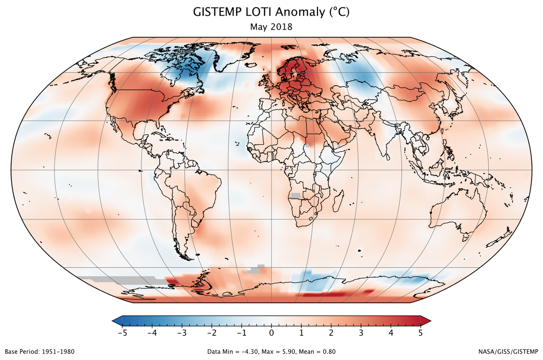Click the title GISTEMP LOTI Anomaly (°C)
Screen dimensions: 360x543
click(x=271, y=12)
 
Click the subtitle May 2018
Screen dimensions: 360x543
click(x=271, y=27)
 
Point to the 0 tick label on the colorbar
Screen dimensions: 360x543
click(x=271, y=333)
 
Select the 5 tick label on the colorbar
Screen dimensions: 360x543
click(x=420, y=333)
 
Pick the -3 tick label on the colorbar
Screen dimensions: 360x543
click(x=182, y=333)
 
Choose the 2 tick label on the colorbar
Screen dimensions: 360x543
click(x=331, y=333)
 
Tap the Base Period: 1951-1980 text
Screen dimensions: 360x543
click(x=40, y=352)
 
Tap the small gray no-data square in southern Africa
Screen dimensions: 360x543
click(x=295, y=196)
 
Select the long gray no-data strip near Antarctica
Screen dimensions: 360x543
click(x=119, y=280)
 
